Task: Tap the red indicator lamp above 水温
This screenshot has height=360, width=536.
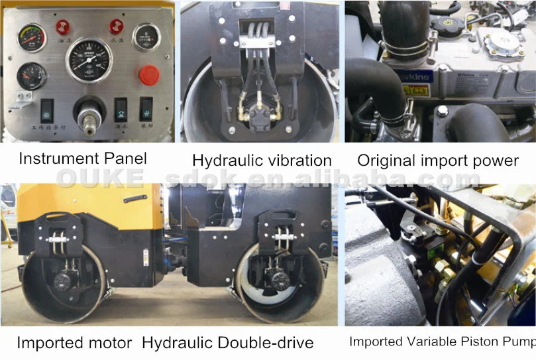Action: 117,26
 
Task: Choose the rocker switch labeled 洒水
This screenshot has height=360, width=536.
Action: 121,108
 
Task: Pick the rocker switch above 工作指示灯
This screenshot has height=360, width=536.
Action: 48,110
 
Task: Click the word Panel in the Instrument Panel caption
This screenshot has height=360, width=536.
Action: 125,159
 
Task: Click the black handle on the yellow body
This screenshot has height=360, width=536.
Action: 133,199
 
